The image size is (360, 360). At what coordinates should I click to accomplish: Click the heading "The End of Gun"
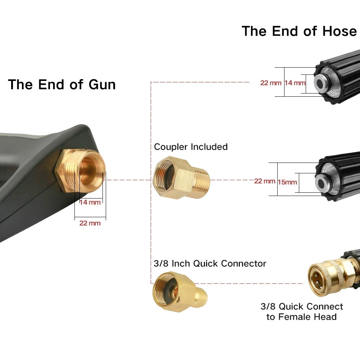point(62,85)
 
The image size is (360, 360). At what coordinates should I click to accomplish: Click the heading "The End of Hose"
point(299,31)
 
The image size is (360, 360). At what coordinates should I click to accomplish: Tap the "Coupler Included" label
point(191,147)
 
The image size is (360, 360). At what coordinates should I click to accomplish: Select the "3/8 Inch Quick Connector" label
point(210,263)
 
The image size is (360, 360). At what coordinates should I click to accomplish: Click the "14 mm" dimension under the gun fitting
point(90,202)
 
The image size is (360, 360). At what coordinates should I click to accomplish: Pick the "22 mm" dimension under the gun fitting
point(90,223)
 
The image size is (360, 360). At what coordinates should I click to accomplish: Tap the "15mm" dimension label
point(287,182)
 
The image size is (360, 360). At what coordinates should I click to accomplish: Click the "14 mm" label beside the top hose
point(295,83)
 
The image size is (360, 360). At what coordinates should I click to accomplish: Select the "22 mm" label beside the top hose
point(271,83)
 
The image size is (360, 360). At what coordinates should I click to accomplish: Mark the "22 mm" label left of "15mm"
point(265,181)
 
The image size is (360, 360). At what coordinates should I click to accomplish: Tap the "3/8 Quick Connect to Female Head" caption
point(302,311)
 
